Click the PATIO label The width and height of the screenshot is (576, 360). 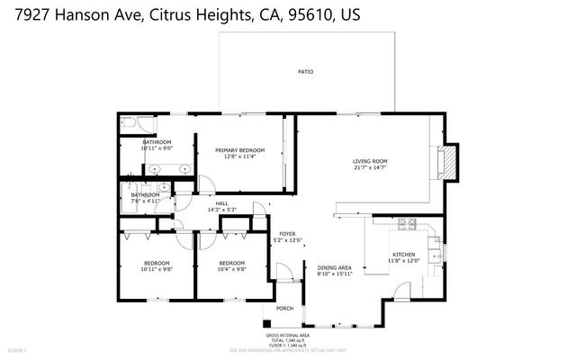pyautogui.click(x=306, y=71)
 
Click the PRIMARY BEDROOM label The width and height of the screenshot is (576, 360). pyautogui.click(x=240, y=149)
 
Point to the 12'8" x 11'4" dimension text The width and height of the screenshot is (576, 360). pyautogui.click(x=240, y=157)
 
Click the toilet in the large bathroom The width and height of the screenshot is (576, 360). pyautogui.click(x=127, y=123)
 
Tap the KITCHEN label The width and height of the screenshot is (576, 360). pyautogui.click(x=401, y=254)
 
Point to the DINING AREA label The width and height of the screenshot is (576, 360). pyautogui.click(x=334, y=266)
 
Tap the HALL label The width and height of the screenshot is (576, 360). pyautogui.click(x=221, y=203)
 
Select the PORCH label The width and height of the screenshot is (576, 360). pyautogui.click(x=284, y=308)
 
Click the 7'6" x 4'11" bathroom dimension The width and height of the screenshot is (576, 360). pyautogui.click(x=145, y=202)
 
